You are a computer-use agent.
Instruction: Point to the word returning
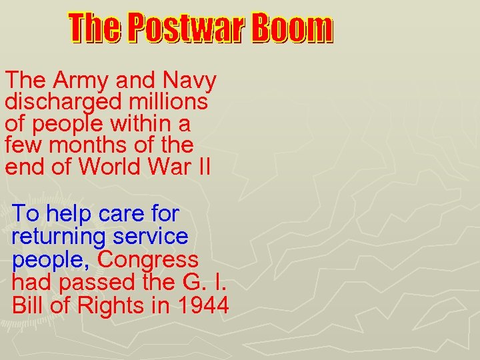click(59, 237)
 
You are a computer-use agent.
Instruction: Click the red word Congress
click(148, 259)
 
